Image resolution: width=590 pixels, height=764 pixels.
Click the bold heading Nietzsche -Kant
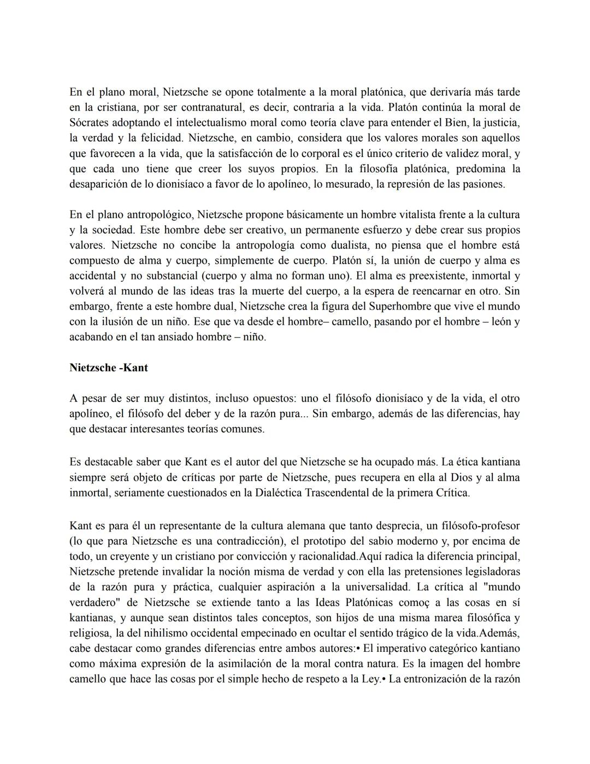click(108, 368)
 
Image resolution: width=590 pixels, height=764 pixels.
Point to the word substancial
click(165, 276)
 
